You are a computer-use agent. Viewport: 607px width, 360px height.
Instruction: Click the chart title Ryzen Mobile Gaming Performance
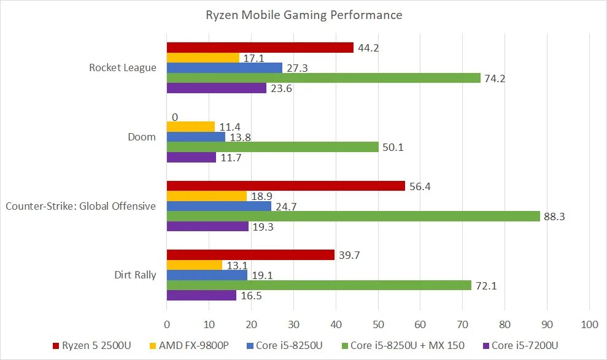coord(304,15)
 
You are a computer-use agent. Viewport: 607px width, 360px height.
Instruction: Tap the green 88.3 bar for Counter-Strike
coord(353,216)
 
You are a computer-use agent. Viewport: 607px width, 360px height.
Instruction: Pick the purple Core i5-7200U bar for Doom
coord(191,157)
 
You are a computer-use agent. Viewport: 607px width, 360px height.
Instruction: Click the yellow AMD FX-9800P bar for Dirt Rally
coord(195,265)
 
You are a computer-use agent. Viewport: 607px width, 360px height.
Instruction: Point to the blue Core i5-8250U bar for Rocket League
coord(225,68)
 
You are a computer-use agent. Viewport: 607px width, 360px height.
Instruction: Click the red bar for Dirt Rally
coord(250,255)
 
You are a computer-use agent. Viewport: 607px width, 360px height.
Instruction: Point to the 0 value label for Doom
coord(175,117)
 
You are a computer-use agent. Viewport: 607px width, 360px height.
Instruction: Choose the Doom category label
coord(142,137)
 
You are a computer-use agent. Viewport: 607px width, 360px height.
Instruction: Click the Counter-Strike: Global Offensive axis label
coord(80,206)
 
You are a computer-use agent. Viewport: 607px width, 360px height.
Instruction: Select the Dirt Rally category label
coord(136,275)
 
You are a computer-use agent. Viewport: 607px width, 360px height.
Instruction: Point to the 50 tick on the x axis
coord(378,324)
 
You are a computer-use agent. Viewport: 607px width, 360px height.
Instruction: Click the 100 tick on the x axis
coord(589,324)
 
